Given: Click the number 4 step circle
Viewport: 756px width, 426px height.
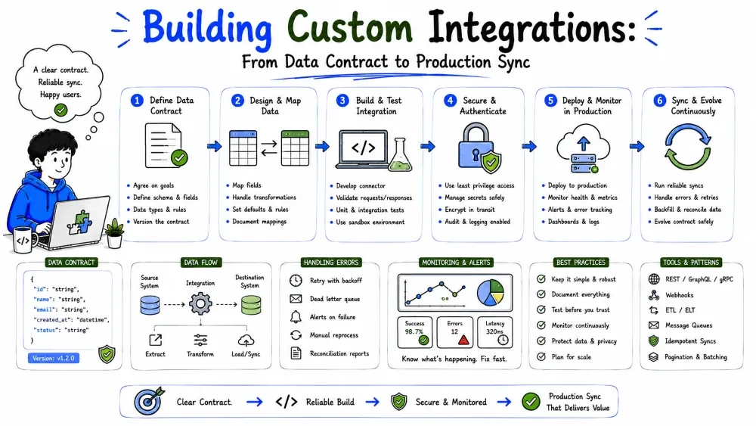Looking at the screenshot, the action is click(450, 101).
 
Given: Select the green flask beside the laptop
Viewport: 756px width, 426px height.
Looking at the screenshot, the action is click(400, 155).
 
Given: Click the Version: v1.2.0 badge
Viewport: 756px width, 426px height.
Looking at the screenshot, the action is click(54, 358).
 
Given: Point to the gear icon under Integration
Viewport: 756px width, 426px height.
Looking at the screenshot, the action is click(200, 304).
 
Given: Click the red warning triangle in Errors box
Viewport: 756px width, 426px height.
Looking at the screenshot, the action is click(464, 340).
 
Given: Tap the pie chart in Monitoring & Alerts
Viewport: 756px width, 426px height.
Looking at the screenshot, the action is click(491, 292).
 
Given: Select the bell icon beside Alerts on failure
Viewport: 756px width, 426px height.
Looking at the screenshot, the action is click(296, 317).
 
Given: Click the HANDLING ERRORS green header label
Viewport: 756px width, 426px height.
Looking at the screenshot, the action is click(331, 263).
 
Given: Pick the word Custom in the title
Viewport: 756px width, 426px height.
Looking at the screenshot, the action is click(350, 27).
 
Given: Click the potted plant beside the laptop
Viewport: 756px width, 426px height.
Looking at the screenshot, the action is click(114, 232).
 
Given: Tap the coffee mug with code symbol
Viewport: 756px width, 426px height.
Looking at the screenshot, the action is click(24, 240).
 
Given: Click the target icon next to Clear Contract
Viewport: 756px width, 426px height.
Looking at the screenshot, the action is click(148, 401).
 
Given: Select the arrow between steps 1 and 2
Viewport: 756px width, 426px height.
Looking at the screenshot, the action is click(215, 146).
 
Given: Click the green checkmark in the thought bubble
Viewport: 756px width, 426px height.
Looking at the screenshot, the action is click(60, 110).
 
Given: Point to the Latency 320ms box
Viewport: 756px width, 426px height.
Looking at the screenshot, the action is click(494, 332).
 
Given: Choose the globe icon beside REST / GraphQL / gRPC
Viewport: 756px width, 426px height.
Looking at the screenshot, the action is click(654, 279).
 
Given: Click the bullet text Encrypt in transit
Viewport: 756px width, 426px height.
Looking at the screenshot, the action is click(469, 210).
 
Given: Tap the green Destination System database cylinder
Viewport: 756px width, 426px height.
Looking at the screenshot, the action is click(251, 305).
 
